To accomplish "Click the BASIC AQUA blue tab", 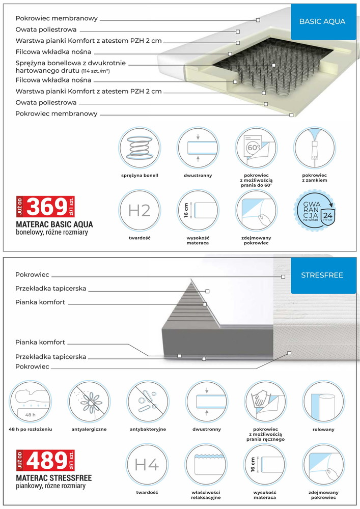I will point(322,22).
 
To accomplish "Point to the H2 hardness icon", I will point(139,210).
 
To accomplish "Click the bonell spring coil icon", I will point(139,148).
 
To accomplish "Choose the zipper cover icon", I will point(314,148).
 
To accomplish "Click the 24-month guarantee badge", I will point(314,209).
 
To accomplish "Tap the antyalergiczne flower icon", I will point(89,401).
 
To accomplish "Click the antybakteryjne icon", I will point(147,401).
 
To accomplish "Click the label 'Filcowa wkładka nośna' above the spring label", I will point(53,52).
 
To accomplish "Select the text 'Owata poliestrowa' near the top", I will point(46,30).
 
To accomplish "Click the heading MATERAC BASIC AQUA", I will point(54,224).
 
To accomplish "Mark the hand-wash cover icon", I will point(264,401).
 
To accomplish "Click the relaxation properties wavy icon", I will point(205,464).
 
